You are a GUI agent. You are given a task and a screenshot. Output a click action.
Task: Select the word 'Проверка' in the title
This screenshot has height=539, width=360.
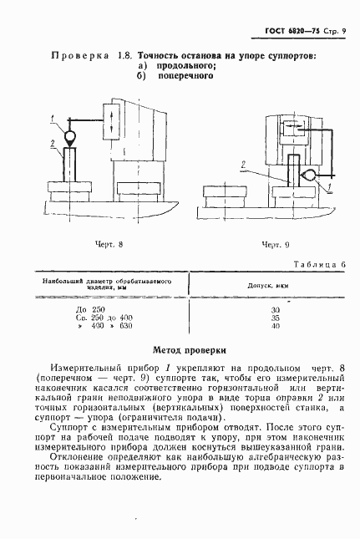(81, 56)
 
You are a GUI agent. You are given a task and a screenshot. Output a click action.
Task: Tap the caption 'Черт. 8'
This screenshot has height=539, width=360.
(109, 243)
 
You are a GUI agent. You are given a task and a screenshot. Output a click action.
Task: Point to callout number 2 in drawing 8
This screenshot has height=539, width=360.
(51, 144)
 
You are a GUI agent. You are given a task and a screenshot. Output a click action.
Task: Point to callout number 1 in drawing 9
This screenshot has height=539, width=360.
(329, 186)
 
